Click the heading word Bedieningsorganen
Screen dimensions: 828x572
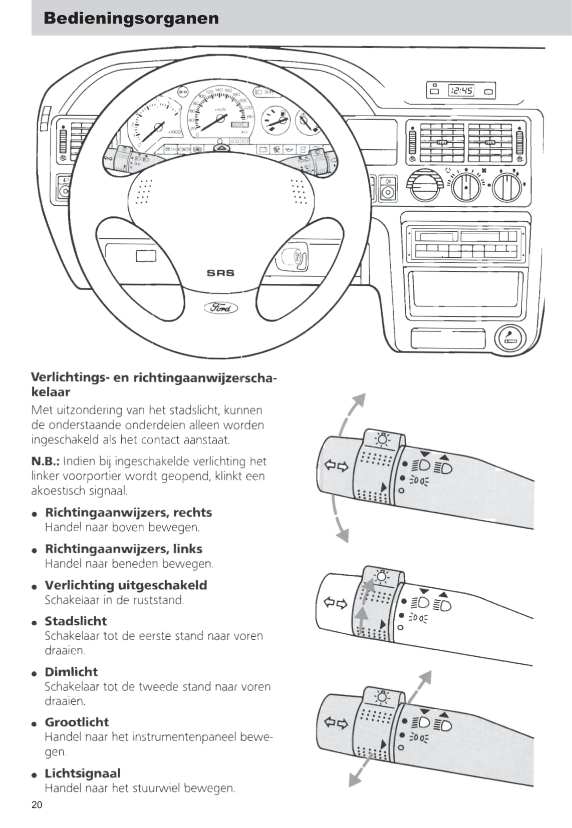(x=131, y=19)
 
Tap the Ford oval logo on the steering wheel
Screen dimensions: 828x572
(x=220, y=307)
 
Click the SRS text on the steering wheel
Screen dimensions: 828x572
(x=220, y=273)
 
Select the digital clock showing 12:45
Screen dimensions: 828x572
(x=461, y=91)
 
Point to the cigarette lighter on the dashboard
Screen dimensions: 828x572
(x=510, y=338)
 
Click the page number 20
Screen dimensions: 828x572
(x=37, y=805)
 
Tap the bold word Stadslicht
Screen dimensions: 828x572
(x=76, y=621)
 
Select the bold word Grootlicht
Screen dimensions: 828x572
(x=77, y=722)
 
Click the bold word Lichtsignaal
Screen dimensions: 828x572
(x=83, y=773)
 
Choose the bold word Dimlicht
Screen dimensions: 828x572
(x=71, y=672)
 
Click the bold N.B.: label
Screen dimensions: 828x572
(x=46, y=461)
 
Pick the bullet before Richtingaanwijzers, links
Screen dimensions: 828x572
(x=35, y=550)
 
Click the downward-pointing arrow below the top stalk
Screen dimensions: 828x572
(x=343, y=534)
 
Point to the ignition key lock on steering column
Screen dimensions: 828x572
(x=295, y=257)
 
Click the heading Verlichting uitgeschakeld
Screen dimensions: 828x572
(x=126, y=585)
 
